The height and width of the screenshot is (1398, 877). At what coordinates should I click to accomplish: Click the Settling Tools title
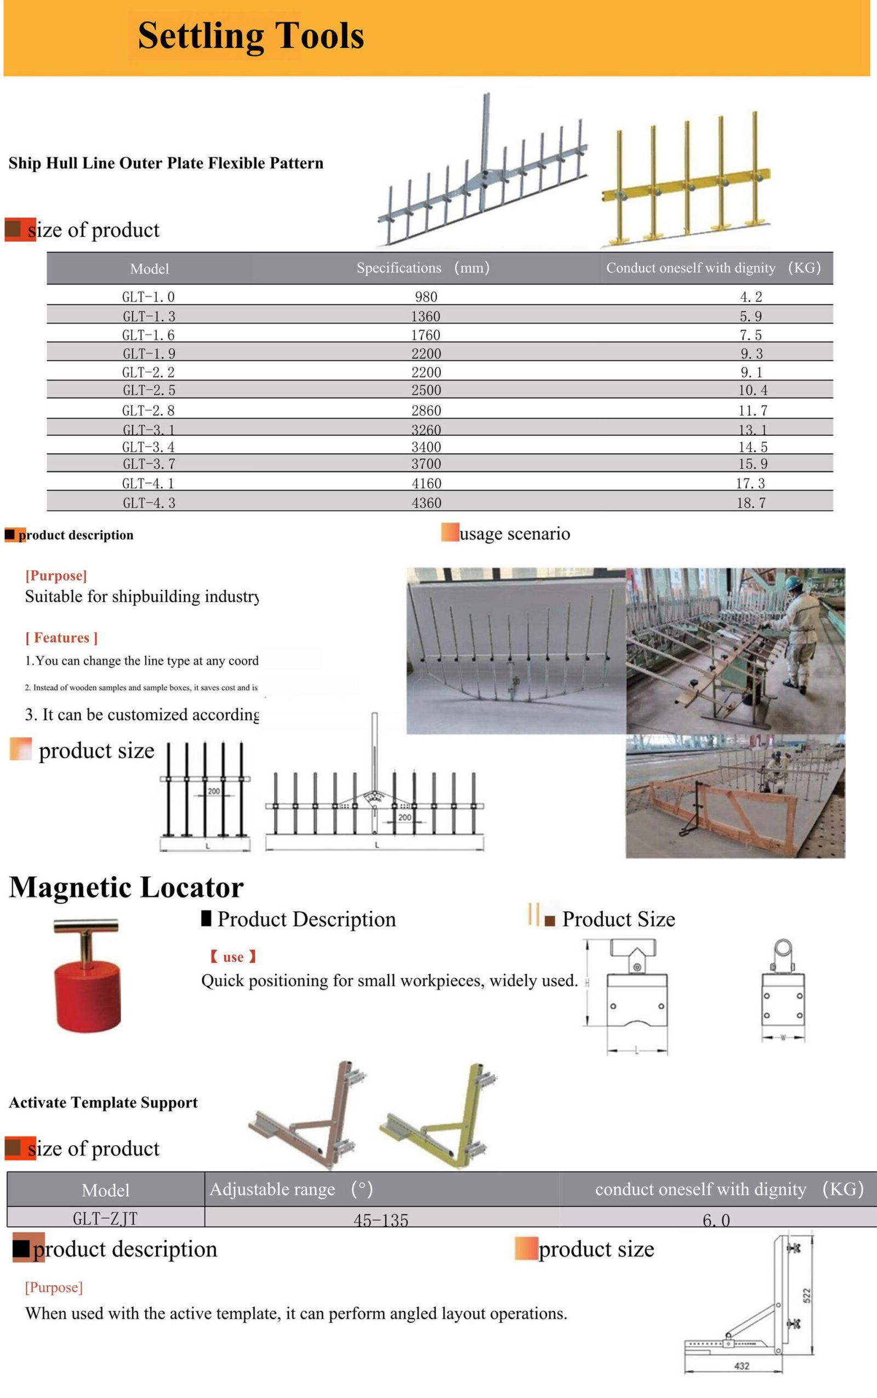[x=250, y=36]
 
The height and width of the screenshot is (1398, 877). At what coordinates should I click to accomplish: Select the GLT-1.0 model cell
[x=149, y=297]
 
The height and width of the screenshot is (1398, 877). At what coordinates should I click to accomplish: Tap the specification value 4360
[x=426, y=503]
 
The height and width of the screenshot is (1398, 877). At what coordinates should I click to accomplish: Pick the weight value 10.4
[x=752, y=390]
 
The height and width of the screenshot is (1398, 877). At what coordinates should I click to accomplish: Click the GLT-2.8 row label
[x=149, y=411]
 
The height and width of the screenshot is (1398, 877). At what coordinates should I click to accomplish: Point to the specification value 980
[x=426, y=297]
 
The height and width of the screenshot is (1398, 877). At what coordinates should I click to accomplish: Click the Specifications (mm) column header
[x=423, y=268]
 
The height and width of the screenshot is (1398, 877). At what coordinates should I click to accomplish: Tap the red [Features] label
[x=61, y=638]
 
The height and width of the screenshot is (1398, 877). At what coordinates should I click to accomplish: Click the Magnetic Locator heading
[x=127, y=888]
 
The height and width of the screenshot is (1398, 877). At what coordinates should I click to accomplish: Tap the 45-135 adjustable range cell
[x=381, y=1220]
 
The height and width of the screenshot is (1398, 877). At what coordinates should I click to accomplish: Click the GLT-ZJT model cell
[x=105, y=1218]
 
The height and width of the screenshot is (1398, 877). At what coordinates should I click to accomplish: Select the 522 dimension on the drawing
[x=807, y=1295]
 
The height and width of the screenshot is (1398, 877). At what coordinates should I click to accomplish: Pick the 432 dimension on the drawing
[x=741, y=1366]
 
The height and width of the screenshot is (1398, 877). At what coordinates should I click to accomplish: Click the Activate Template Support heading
[x=103, y=1103]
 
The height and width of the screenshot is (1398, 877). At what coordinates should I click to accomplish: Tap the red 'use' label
[x=233, y=957]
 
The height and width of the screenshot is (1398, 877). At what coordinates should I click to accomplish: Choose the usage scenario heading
[x=515, y=533]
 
